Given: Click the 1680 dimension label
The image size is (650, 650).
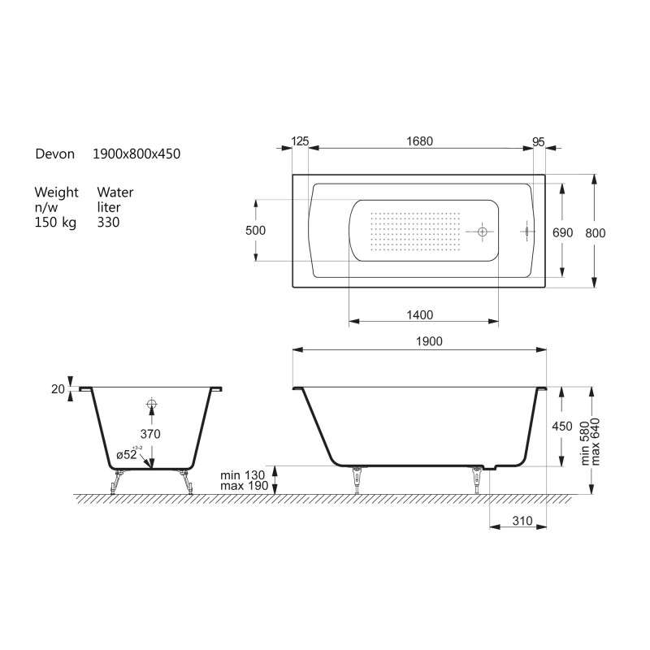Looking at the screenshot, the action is [x=419, y=141].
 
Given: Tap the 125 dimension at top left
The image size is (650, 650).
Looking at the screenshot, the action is [x=300, y=141].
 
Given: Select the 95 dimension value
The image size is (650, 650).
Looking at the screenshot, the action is [x=538, y=141].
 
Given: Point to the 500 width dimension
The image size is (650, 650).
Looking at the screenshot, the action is [x=255, y=231].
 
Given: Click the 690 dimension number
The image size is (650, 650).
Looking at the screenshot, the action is [x=562, y=232].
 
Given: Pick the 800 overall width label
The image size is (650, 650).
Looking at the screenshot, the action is [x=596, y=233].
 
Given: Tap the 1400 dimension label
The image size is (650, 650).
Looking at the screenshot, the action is [x=419, y=315].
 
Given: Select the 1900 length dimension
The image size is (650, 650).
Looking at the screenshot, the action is [x=429, y=341].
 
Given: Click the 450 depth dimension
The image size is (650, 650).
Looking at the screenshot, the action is [x=562, y=426].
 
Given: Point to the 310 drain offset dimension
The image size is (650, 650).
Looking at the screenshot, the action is [x=522, y=521].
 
